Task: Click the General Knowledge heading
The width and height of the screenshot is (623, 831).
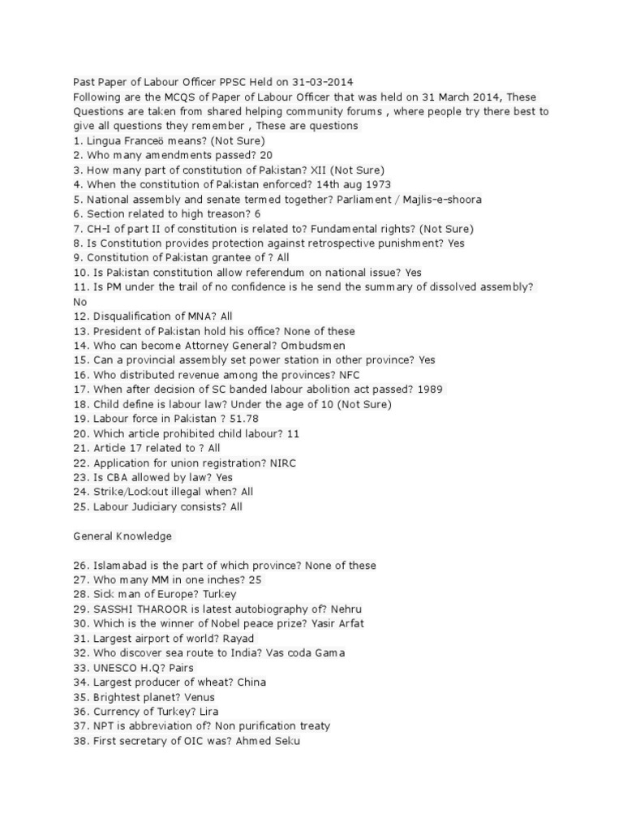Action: (x=122, y=536)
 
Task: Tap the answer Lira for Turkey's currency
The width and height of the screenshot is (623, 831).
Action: (x=208, y=712)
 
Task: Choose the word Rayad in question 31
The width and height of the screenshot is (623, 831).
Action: (x=237, y=639)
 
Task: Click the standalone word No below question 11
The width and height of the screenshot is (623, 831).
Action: (x=79, y=302)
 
